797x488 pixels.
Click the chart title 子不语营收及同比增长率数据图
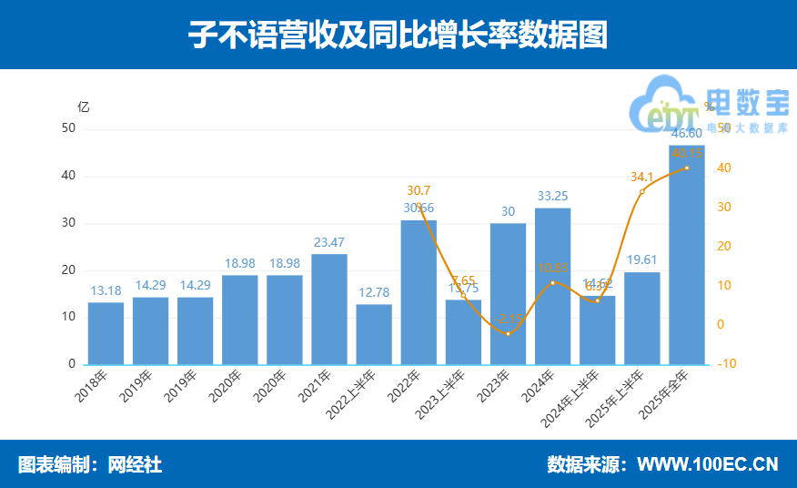pos(398,35)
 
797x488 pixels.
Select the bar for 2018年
pos(106,333)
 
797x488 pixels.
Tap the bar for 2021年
pos(329,310)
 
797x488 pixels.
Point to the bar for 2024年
pos(552,287)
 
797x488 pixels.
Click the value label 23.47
pos(329,242)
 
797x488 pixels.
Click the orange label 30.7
pos(419,190)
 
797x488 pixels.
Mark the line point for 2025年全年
pos(686,168)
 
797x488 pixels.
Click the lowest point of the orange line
pos(508,333)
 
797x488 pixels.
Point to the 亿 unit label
pos(84,106)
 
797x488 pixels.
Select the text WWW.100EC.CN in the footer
pos(707,464)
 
